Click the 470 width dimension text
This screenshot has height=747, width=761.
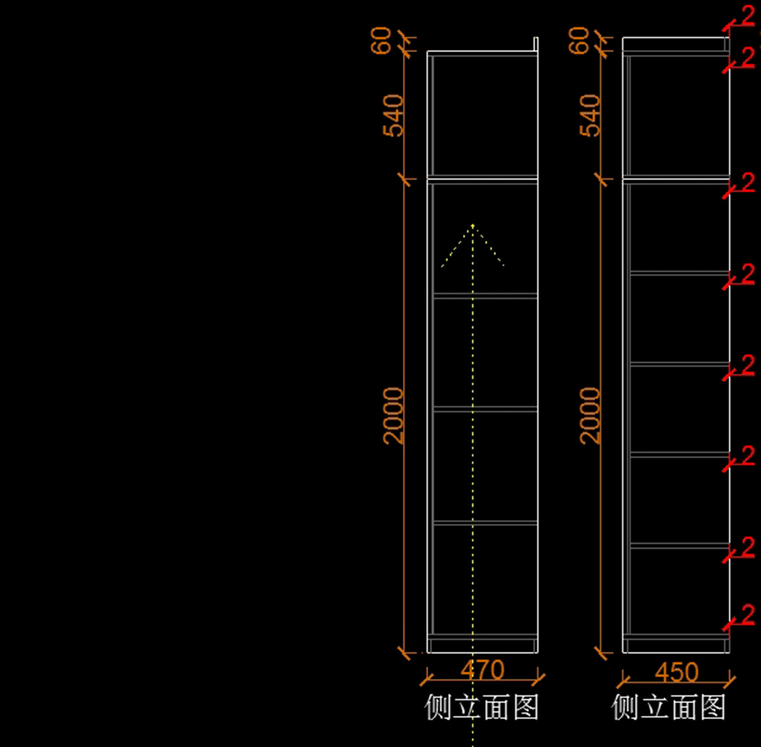point(482,670)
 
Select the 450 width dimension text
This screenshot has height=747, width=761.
point(677,672)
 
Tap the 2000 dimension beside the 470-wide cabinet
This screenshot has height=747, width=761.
point(394,416)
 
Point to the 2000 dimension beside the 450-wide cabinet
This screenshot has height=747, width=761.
point(590,416)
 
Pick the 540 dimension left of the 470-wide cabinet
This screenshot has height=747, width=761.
point(394,116)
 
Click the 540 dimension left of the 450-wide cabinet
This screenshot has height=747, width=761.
point(590,116)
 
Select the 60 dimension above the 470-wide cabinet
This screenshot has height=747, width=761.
point(382,40)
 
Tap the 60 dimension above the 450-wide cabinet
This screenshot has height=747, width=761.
point(579,40)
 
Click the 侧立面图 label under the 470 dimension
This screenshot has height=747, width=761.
point(482,707)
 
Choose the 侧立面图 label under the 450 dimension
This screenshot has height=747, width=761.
point(669,707)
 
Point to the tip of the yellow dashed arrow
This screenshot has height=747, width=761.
point(472,225)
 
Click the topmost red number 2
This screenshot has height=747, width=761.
point(748,15)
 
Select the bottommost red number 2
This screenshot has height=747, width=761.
point(748,614)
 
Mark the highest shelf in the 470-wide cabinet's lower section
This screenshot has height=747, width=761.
point(485,295)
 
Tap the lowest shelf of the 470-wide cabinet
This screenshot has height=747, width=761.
point(485,523)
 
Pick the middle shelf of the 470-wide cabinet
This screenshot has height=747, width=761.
point(485,409)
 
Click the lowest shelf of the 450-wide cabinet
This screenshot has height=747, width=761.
point(679,545)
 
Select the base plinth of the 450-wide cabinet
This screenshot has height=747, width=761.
point(676,644)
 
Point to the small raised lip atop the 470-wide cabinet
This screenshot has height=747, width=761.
point(536,44)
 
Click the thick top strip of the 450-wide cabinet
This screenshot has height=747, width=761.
point(675,44)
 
